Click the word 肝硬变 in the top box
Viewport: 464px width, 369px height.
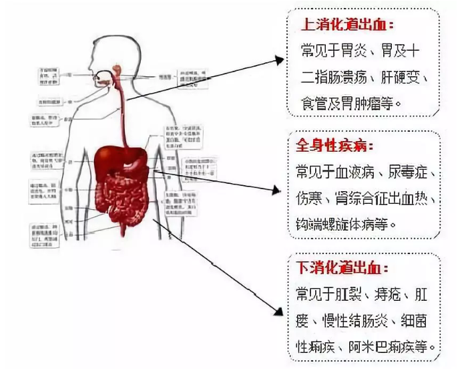[401, 77]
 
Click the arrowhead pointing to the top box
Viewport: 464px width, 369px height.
[280, 61]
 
